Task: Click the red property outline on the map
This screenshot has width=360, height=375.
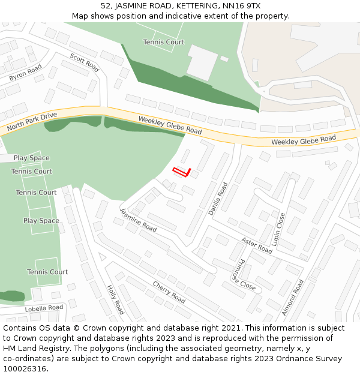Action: pos(182,173)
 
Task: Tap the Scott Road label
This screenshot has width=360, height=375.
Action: pos(84,62)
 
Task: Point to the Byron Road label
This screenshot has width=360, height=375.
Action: pos(25,73)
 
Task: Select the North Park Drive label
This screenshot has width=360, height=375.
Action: pos(32,122)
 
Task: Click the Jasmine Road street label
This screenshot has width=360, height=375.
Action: pos(138,220)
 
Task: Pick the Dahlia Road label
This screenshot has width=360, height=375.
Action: pos(217,198)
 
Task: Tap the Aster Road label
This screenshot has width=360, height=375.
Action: pos(257,245)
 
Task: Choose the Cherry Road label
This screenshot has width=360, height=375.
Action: pos(169,292)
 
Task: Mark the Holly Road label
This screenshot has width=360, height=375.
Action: pos(115,299)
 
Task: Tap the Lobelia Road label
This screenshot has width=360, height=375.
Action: pos(44,308)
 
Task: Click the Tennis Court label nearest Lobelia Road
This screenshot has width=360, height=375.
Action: pos(47,272)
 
